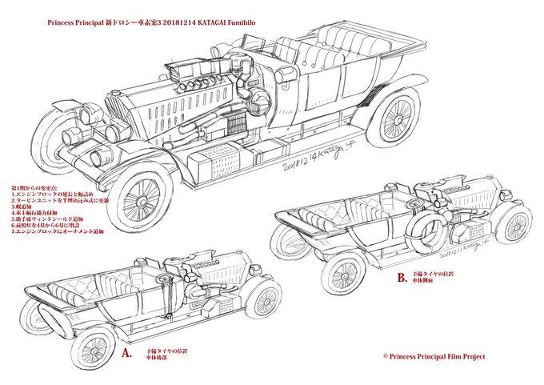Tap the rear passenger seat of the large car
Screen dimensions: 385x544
tap(344, 40)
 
